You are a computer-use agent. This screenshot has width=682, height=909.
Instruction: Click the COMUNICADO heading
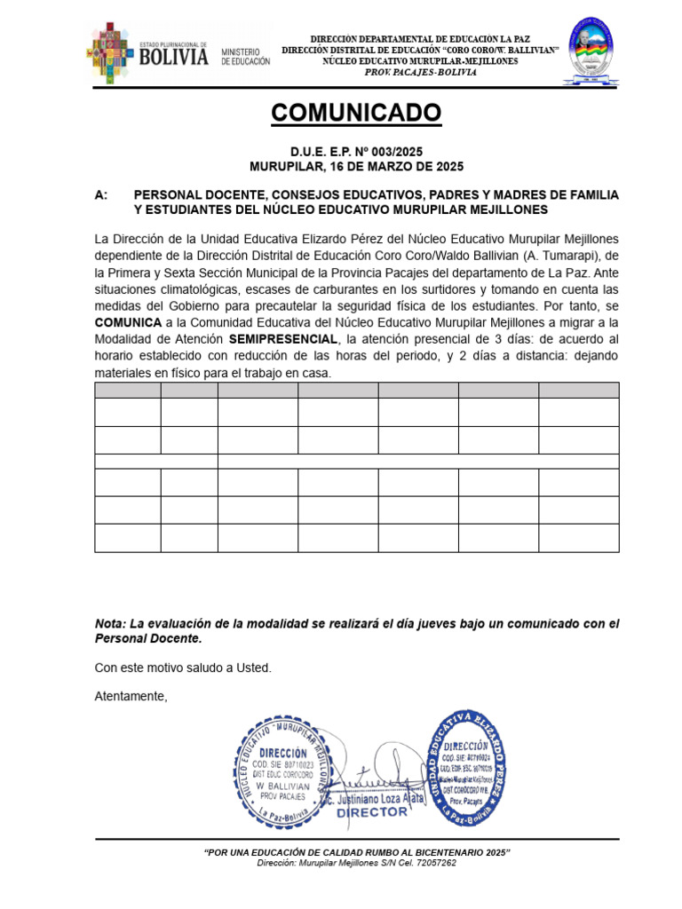[x=355, y=113]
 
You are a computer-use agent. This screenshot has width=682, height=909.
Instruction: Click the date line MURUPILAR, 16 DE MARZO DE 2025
[x=356, y=166]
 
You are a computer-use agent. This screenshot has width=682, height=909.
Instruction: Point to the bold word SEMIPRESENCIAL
[x=283, y=340]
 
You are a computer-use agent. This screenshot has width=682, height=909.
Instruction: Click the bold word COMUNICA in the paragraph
[x=128, y=323]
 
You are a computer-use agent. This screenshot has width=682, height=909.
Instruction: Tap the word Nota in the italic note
[x=110, y=624]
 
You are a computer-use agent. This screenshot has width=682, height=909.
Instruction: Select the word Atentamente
[x=131, y=697]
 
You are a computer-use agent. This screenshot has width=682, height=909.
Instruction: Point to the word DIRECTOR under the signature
[x=372, y=812]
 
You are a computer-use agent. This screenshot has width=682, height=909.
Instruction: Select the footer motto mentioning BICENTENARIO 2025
[x=357, y=852]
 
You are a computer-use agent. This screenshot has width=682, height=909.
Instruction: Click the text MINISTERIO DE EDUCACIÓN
[x=245, y=58]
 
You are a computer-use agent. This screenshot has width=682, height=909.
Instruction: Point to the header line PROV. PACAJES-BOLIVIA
[x=421, y=73]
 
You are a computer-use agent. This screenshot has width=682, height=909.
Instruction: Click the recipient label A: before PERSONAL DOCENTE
[x=101, y=194]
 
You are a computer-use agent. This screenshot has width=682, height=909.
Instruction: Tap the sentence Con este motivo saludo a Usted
[x=183, y=668]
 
